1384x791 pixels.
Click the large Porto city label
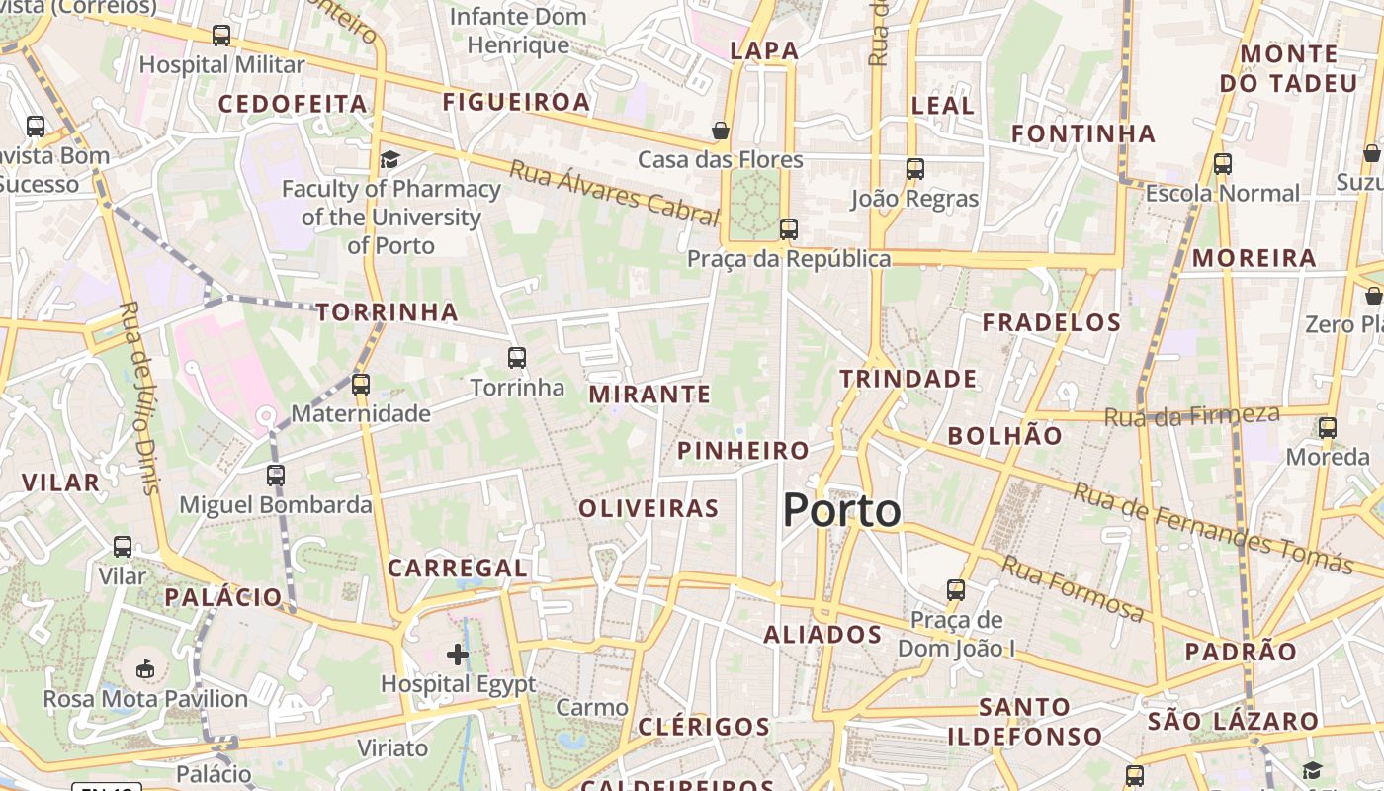841,511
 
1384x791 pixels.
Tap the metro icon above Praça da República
788,229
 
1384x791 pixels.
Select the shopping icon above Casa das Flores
721,131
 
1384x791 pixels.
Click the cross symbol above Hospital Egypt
458,654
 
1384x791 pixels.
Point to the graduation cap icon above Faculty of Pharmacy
390,159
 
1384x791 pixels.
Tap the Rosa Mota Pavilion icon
145,669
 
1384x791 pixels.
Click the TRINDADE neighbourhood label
908,379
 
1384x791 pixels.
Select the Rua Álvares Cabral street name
613,193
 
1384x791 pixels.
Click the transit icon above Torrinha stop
517,358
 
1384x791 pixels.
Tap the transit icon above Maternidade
361,385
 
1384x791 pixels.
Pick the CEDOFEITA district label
293,104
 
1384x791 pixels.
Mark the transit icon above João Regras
915,169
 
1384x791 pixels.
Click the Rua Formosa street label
1073,589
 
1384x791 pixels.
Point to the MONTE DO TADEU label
1288,68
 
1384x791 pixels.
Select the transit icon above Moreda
1328,428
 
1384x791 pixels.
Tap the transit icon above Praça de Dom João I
956,590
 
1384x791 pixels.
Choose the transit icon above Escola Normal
1223,164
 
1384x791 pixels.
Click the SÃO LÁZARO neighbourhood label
1233,722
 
